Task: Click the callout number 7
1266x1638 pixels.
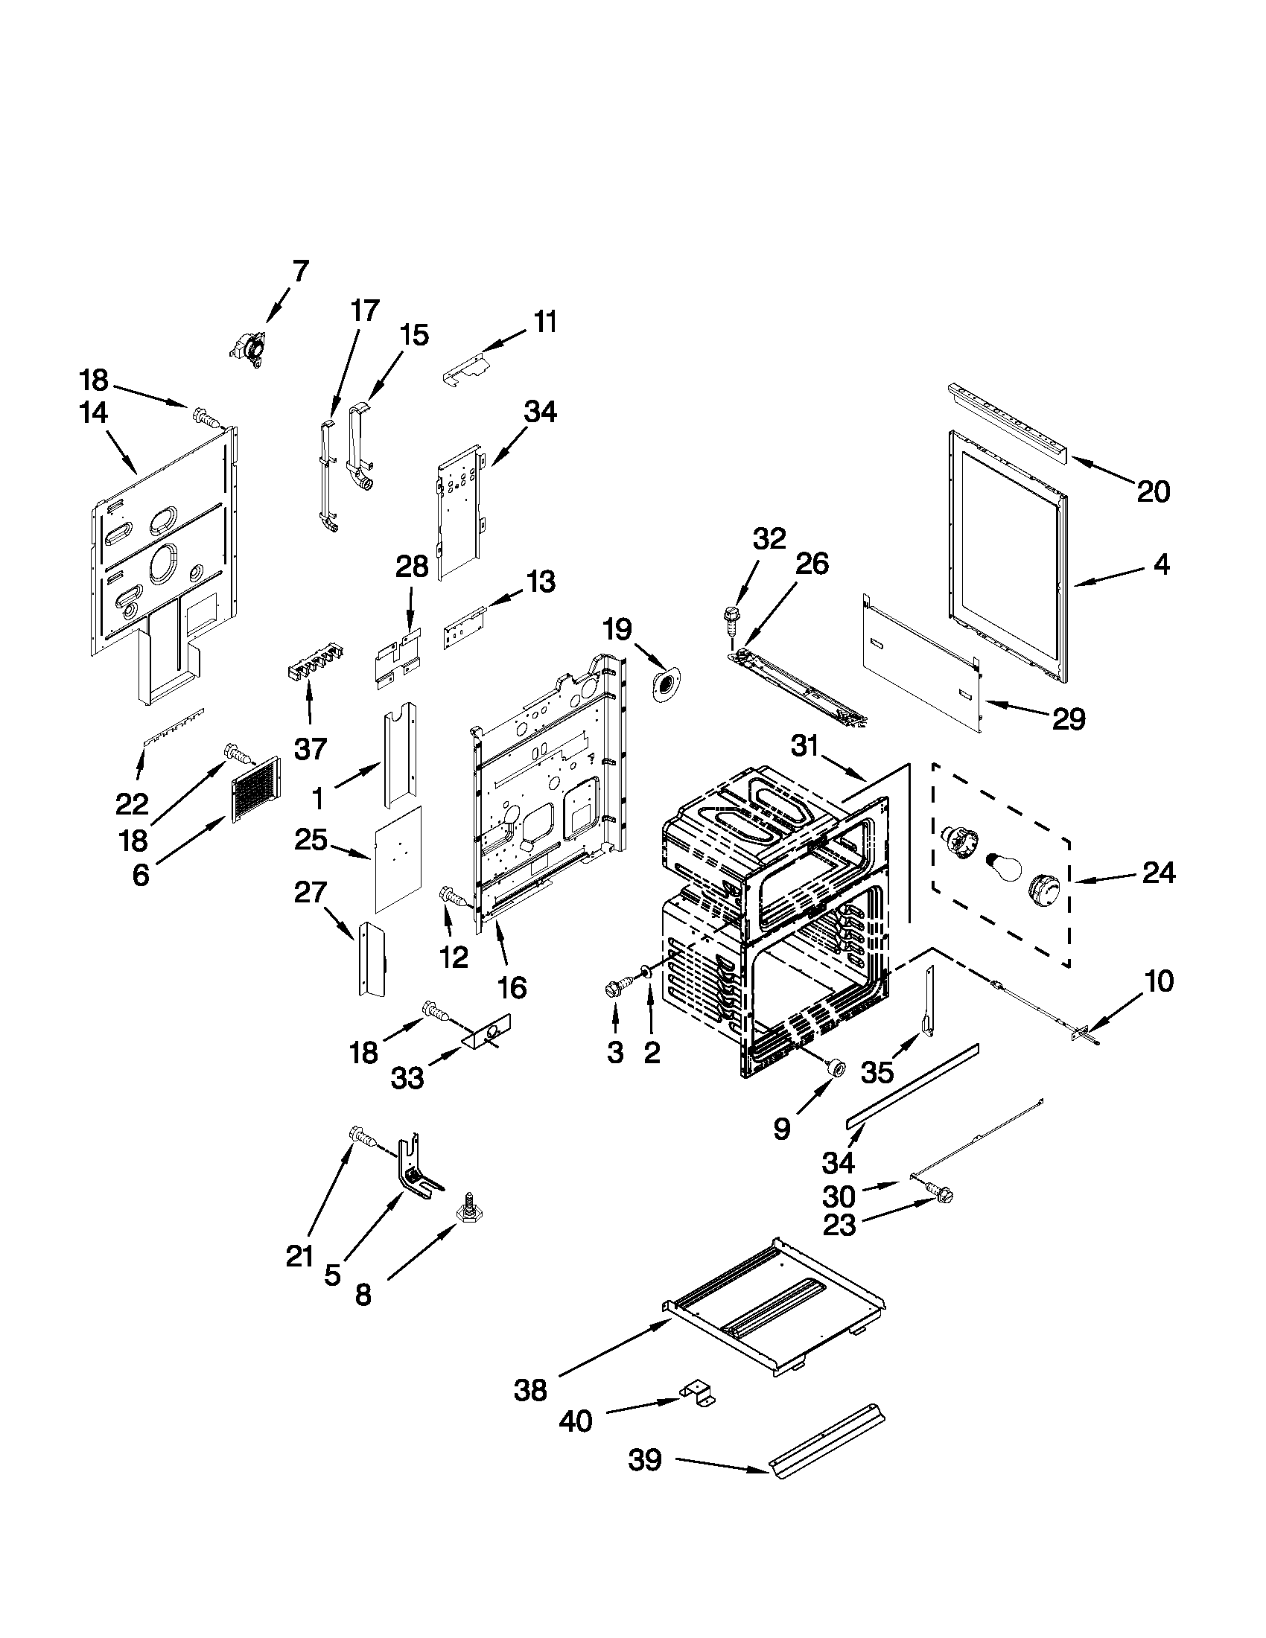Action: (300, 271)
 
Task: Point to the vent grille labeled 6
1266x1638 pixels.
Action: (255, 788)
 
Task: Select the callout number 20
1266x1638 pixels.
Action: (1154, 492)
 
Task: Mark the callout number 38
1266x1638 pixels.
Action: (530, 1391)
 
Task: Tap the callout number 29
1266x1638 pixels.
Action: (1069, 719)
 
